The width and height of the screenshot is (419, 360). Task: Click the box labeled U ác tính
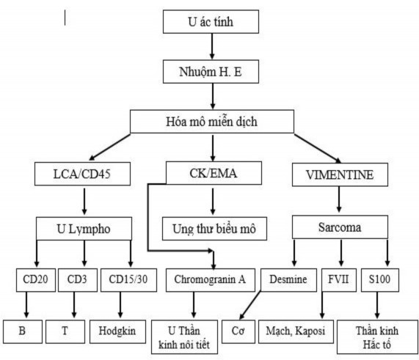[211, 22]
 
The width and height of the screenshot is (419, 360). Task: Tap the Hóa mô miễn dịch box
[212, 120]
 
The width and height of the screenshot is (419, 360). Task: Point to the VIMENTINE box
[339, 175]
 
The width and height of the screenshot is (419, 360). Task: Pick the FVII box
[338, 280]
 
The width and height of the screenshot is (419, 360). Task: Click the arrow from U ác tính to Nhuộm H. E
[211, 46]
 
